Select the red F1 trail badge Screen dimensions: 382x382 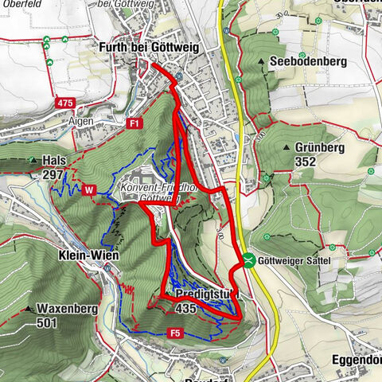[134, 123]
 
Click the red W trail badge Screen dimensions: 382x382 [87, 190]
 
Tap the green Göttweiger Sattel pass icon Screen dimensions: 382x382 [250, 260]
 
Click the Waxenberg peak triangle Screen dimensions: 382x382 [29, 309]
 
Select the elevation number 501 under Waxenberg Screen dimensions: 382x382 [49, 323]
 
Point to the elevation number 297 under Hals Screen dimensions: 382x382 [53, 174]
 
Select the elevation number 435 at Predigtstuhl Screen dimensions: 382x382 [186, 308]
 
